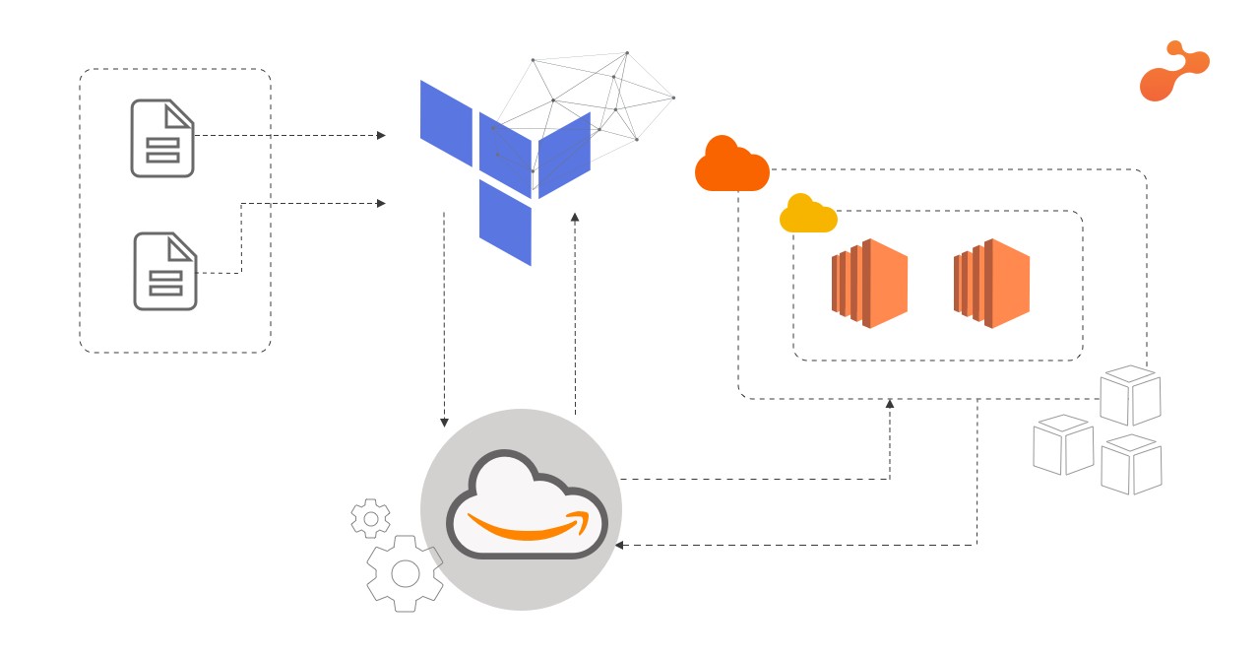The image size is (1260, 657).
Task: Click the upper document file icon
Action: click(x=162, y=138)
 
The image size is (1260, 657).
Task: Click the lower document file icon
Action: click(x=164, y=271)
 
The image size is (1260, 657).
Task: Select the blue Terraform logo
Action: click(x=505, y=172)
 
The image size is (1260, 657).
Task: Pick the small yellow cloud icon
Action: click(x=808, y=214)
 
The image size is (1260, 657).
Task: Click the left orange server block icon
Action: click(x=869, y=284)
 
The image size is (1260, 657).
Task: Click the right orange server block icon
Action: click(x=991, y=284)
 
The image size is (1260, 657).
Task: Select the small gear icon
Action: click(x=370, y=518)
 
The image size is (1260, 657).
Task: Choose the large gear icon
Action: click(x=405, y=572)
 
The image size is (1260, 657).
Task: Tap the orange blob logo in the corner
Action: click(x=1173, y=72)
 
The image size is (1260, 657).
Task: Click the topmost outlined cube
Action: click(x=1130, y=395)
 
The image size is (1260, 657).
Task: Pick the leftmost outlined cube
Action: click(x=1063, y=444)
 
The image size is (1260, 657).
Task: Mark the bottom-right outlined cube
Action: click(x=1131, y=464)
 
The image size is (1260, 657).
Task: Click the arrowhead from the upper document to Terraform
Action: click(x=381, y=135)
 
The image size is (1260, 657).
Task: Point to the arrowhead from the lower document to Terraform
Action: click(x=381, y=204)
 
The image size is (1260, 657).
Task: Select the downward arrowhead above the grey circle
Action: click(x=444, y=423)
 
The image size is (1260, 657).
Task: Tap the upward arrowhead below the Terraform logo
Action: click(x=575, y=217)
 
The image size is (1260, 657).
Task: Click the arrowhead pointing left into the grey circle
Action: click(x=620, y=545)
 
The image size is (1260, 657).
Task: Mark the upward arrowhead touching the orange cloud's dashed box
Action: click(x=890, y=404)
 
